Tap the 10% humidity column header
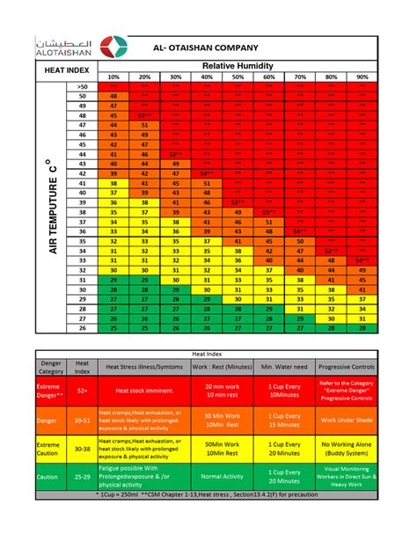[x=113, y=77]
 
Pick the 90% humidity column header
[x=362, y=77]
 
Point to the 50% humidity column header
[x=238, y=77]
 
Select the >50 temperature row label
[x=83, y=87]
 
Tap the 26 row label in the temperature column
[x=83, y=327]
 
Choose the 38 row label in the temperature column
[x=83, y=212]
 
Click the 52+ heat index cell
[x=82, y=388]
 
